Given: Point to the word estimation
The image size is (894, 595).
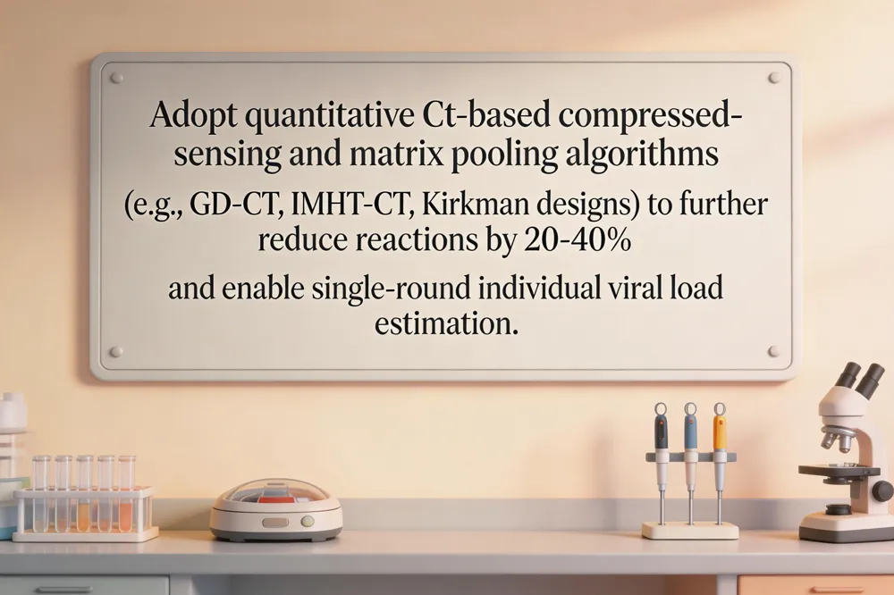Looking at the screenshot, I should pyautogui.click(x=446, y=323).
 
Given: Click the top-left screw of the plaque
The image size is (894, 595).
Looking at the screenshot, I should pyautogui.click(x=116, y=78).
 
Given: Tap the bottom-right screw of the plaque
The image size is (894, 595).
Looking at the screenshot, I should pyautogui.click(x=773, y=351).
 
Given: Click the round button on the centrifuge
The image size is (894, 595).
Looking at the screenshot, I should pyautogui.click(x=308, y=521).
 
